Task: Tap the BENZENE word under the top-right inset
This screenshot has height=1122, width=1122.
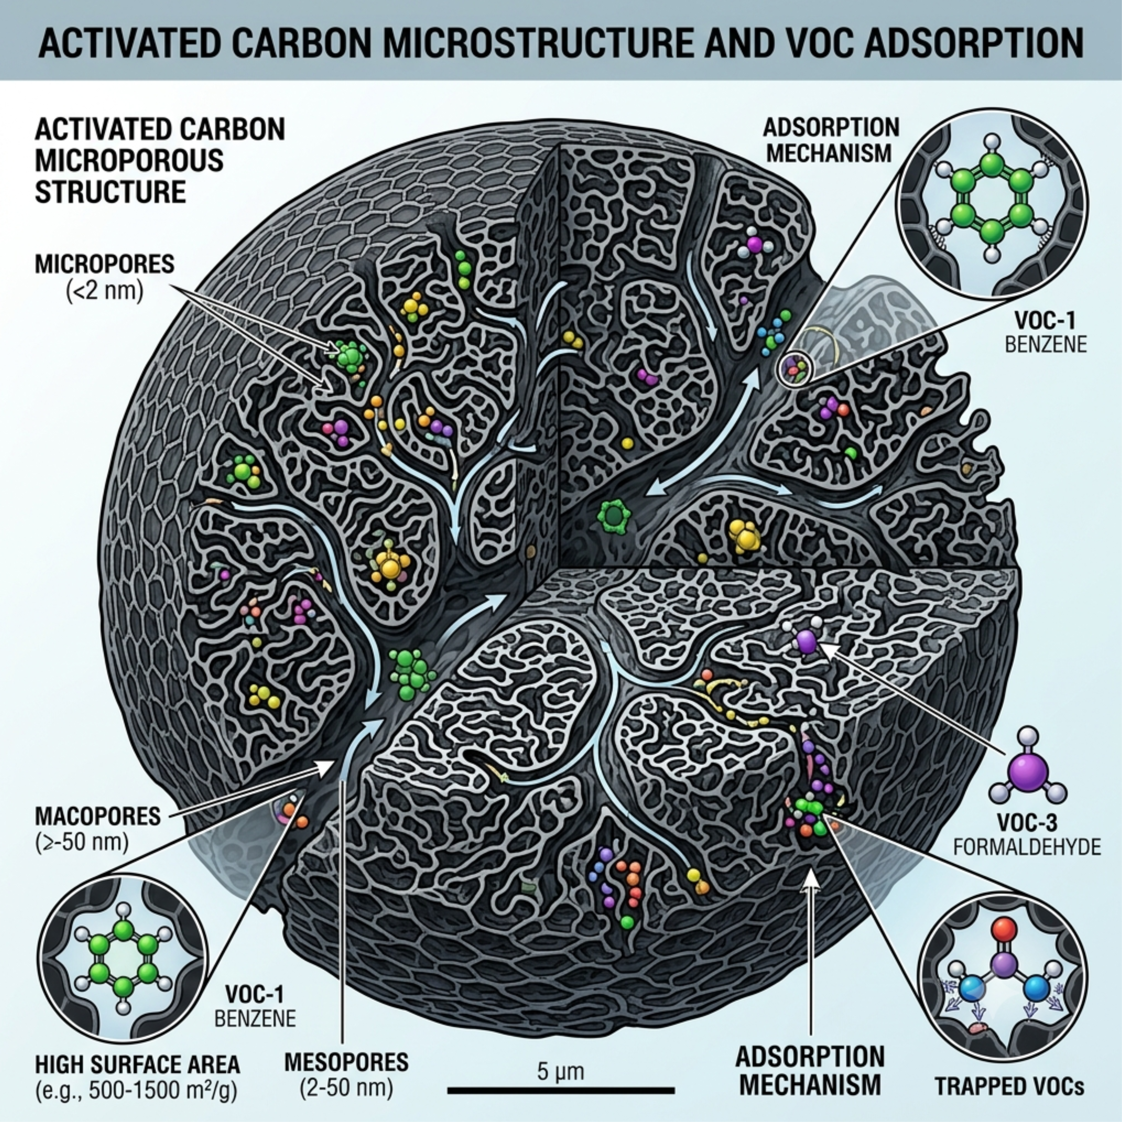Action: (1045, 344)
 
